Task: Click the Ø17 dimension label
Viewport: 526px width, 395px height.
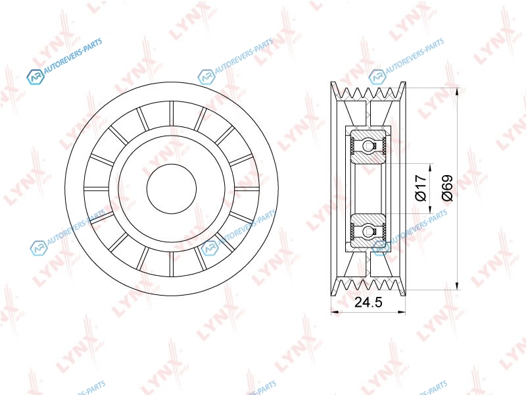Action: (x=420, y=188)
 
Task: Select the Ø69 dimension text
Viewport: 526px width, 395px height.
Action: (x=447, y=188)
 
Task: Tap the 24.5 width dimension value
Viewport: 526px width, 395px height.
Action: (x=368, y=302)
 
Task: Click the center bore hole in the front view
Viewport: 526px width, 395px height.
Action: (x=172, y=189)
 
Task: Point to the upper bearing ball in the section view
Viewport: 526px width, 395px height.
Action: (x=368, y=145)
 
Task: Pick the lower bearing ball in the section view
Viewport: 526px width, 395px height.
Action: (x=368, y=231)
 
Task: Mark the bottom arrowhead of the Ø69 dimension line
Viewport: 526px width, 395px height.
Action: (x=456, y=285)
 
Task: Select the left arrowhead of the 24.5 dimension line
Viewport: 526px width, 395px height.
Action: (x=335, y=312)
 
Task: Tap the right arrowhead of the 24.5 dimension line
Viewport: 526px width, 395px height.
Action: (x=402, y=312)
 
